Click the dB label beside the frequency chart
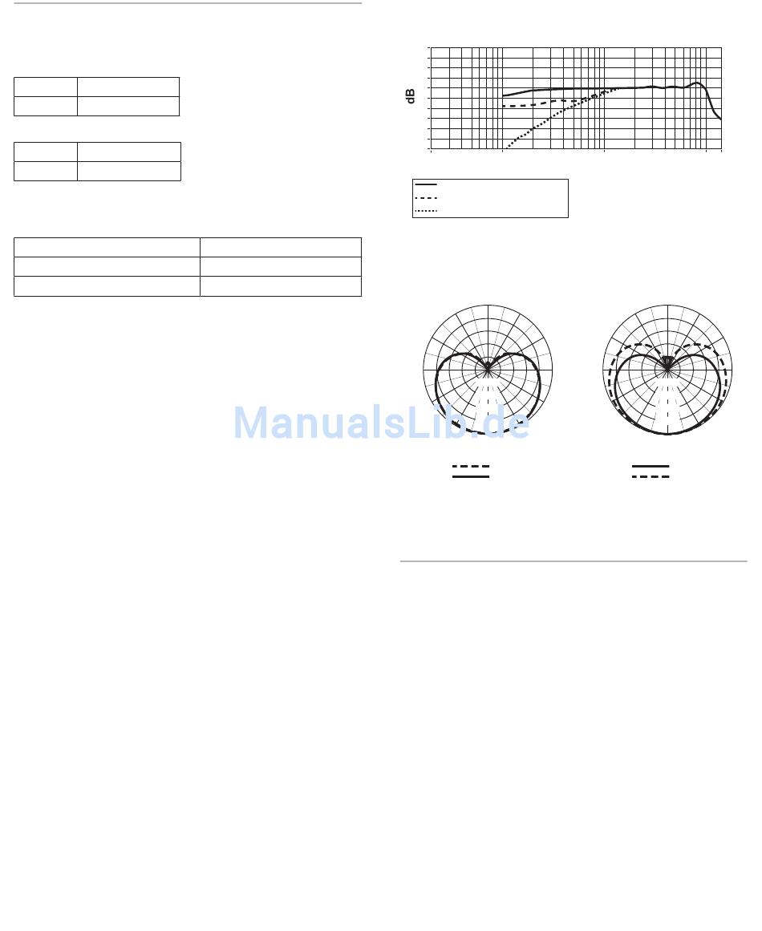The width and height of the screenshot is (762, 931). point(411,97)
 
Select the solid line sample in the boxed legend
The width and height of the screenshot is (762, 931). point(426,184)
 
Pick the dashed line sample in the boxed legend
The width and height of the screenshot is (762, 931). point(426,197)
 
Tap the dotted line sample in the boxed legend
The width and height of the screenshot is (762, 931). point(426,211)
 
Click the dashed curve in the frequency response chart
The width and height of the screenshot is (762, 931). point(529,105)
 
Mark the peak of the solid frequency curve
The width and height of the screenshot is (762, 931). point(697,83)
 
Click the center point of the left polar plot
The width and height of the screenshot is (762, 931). point(488,369)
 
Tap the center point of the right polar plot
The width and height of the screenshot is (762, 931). point(667,369)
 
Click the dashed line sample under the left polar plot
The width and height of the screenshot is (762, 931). point(471,466)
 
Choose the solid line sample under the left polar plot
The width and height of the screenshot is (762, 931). point(471,476)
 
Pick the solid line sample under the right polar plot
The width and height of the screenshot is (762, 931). point(651,466)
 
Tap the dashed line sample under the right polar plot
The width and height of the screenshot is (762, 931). point(651,476)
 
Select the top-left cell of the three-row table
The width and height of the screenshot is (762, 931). point(107,247)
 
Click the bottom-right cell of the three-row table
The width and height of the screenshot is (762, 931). point(280,286)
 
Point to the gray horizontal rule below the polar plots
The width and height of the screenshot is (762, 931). point(574,561)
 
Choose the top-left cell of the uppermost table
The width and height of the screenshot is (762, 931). point(46,87)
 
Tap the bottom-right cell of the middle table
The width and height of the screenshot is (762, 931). point(128,171)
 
